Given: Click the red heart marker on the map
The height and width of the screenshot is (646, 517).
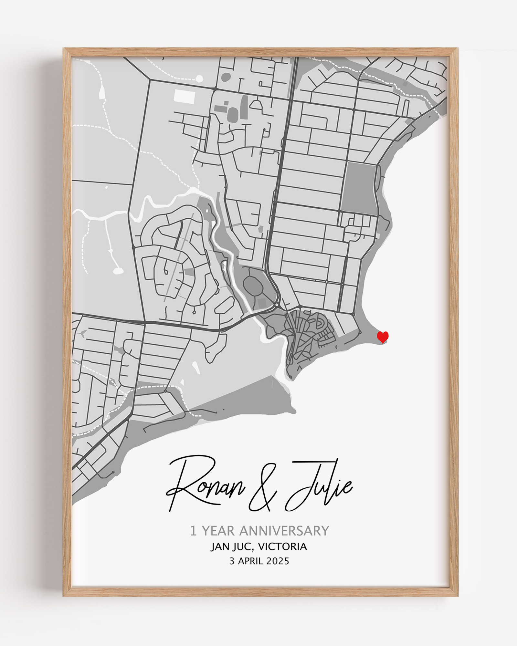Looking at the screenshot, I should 383,337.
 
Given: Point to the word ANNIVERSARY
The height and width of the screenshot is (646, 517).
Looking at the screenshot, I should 284,531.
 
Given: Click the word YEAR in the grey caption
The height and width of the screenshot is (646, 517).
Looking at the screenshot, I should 218,531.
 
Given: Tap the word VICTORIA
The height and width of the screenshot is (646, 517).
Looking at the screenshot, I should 282,547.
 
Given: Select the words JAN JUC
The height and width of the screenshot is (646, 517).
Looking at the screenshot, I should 230,547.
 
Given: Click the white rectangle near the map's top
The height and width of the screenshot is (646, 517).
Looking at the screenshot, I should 185,96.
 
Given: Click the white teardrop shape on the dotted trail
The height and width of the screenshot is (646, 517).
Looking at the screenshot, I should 101,92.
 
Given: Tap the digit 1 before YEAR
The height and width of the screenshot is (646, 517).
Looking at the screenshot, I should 193,531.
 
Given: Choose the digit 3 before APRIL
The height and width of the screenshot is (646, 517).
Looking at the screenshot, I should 232,561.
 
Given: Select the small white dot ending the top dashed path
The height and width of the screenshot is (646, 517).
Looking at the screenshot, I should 199,78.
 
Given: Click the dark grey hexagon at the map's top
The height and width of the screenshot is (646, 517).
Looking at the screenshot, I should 226,77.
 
